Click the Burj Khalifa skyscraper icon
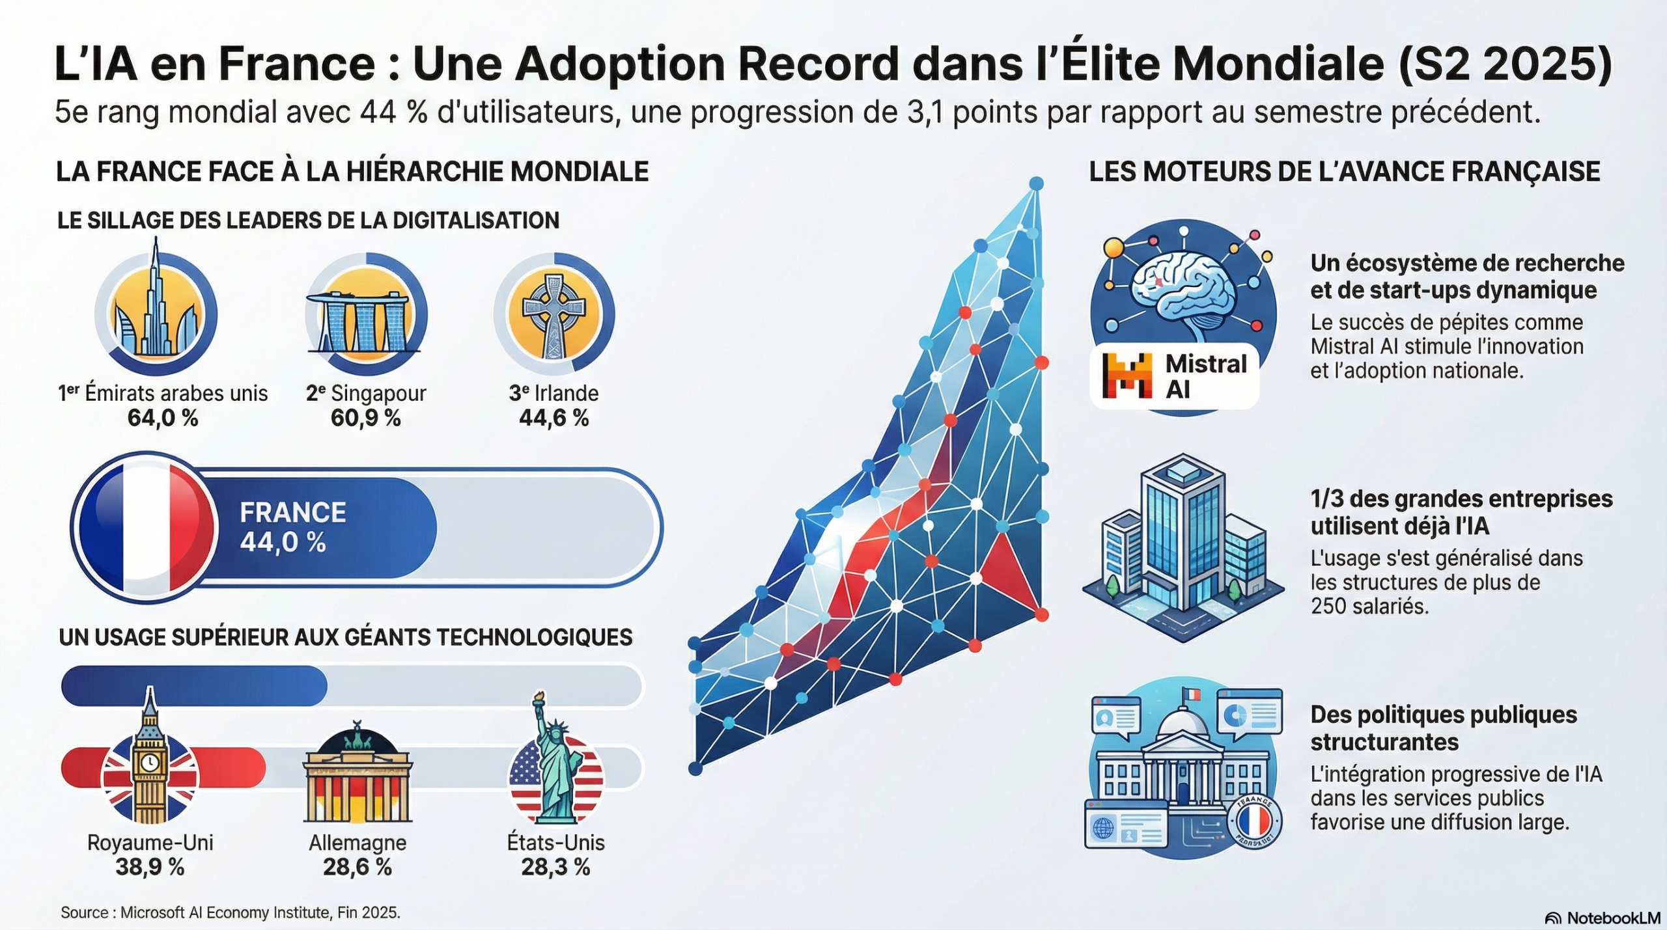(x=156, y=306)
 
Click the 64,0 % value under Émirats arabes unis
(x=163, y=418)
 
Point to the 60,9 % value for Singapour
(x=366, y=418)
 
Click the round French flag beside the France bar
(x=145, y=527)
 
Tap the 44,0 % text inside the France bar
(x=283, y=542)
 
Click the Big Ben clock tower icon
(x=150, y=761)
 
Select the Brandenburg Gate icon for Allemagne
(x=357, y=781)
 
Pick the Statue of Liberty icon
(x=555, y=768)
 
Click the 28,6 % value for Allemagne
(x=357, y=867)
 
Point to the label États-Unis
(x=555, y=843)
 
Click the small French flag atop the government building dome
(x=1191, y=695)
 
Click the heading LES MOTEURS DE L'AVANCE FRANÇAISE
(x=1345, y=172)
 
